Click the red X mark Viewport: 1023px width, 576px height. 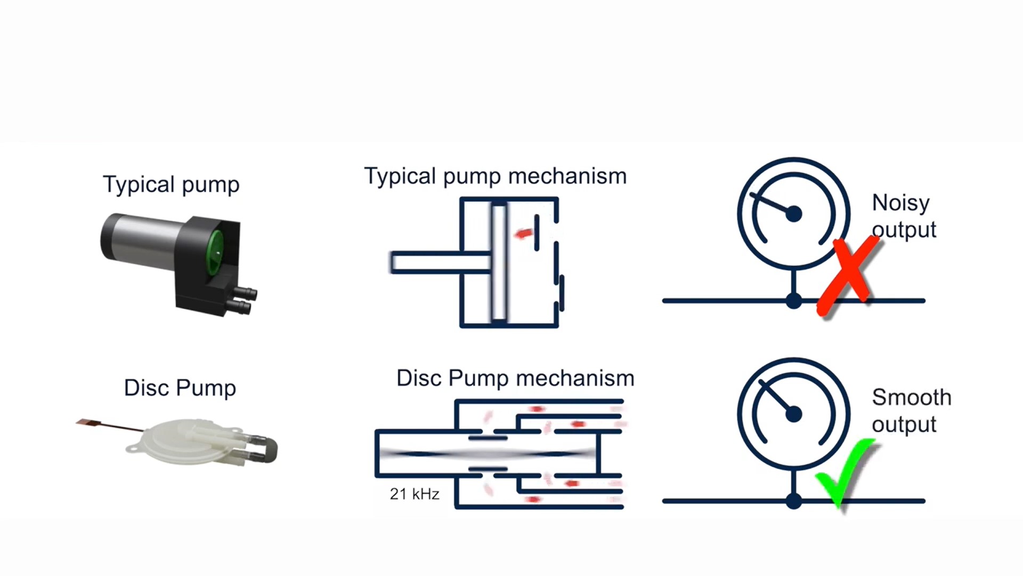(848, 277)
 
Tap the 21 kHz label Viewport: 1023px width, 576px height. (415, 494)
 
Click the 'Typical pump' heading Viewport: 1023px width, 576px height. (171, 185)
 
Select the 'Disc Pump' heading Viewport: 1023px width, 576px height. (180, 388)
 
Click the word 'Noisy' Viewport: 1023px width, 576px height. (900, 203)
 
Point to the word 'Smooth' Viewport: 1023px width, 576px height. (911, 397)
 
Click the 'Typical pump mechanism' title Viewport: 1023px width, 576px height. (495, 176)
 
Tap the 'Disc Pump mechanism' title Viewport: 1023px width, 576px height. (515, 378)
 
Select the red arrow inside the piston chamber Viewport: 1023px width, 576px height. (523, 234)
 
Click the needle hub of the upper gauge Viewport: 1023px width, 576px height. (793, 214)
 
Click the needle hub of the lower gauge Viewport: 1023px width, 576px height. (793, 414)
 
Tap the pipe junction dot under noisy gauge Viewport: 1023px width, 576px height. (793, 301)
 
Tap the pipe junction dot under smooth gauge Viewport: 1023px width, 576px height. (793, 501)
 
